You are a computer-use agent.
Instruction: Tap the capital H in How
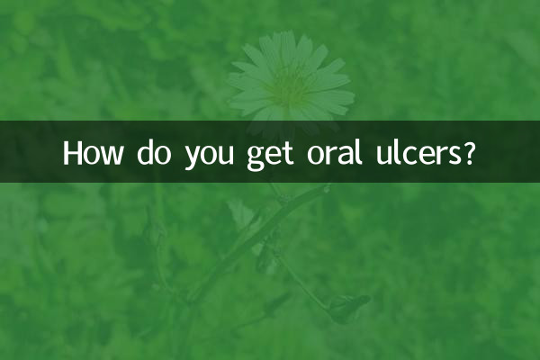tap(72, 153)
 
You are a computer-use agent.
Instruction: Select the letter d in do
tap(147, 153)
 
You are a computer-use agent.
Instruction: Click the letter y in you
tap(192, 157)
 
